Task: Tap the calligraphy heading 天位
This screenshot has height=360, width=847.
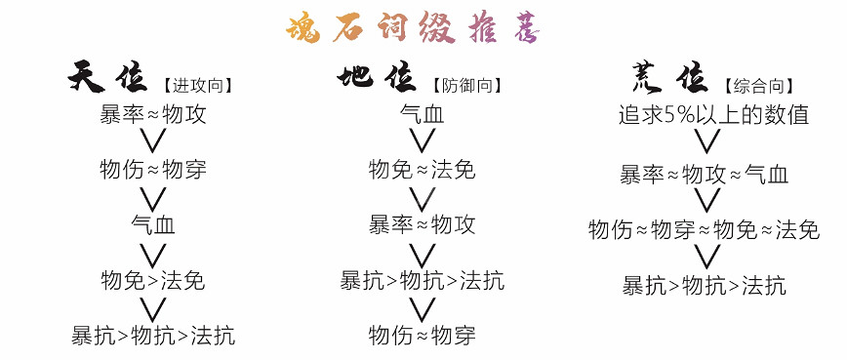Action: (111, 79)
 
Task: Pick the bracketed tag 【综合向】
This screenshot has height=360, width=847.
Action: (757, 85)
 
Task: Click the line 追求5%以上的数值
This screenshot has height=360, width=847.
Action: (714, 115)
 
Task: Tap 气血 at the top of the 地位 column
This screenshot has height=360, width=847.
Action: (422, 114)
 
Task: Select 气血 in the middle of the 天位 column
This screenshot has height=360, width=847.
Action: (152, 225)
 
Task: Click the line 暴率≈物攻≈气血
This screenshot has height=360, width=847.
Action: (705, 176)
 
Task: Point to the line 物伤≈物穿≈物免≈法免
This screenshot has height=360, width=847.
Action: (704, 231)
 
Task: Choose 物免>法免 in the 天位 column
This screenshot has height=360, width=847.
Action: (152, 281)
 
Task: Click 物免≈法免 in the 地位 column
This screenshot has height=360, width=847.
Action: (422, 170)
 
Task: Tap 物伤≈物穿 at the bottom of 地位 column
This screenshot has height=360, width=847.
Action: (422, 337)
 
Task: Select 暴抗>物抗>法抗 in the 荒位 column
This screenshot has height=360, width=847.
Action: (705, 286)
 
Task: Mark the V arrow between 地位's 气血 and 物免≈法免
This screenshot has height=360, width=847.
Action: (422, 142)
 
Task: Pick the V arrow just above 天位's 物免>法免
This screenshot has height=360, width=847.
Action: (152, 254)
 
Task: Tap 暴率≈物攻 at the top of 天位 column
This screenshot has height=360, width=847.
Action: (152, 114)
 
